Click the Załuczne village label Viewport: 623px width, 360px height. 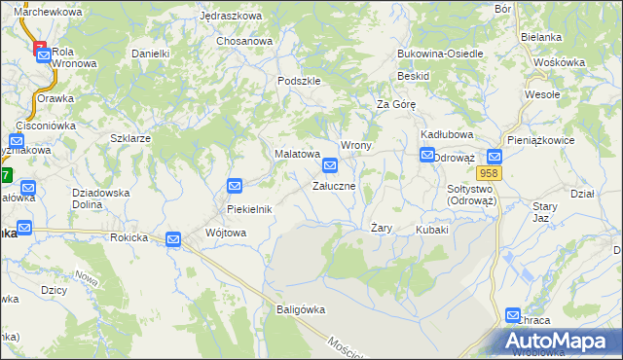pyautogui.click(x=340, y=185)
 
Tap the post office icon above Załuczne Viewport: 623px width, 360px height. pyautogui.click(x=331, y=165)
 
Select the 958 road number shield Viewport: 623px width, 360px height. pyautogui.click(x=490, y=173)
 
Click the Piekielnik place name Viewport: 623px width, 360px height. pyautogui.click(x=249, y=209)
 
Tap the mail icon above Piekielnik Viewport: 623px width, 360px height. pyautogui.click(x=235, y=186)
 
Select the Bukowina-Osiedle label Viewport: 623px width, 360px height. pyautogui.click(x=440, y=54)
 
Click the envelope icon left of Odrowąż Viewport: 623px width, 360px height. pyautogui.click(x=427, y=155)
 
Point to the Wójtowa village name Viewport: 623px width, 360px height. pyautogui.click(x=226, y=233)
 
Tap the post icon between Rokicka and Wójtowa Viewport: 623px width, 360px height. pyautogui.click(x=173, y=239)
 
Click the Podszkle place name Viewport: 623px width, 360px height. pyautogui.click(x=299, y=81)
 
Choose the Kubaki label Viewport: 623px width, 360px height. pyautogui.click(x=432, y=230)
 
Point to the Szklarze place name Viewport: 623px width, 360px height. pyautogui.click(x=130, y=138)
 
